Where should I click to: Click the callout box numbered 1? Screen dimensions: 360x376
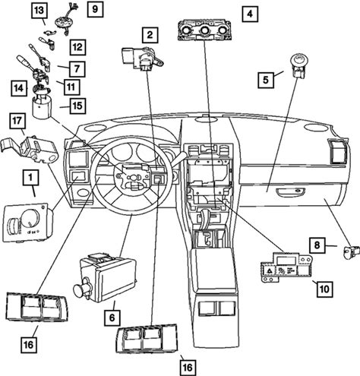click(x=30, y=178)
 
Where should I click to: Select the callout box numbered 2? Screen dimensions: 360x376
click(x=150, y=35)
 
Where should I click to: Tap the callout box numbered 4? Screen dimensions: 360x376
click(x=250, y=14)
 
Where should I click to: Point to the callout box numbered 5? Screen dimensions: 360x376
click(x=266, y=80)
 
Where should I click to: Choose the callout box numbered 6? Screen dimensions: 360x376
click(x=112, y=318)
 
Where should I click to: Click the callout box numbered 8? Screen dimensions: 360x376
click(x=317, y=245)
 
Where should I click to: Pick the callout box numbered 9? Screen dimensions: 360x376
click(x=95, y=9)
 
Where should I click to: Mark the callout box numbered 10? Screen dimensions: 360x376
click(x=324, y=289)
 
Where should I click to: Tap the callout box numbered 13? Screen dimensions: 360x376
click(x=39, y=11)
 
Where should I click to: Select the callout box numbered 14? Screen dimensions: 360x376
click(x=19, y=88)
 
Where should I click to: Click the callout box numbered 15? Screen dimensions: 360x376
click(x=77, y=106)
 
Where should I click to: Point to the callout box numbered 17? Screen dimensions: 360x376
click(x=17, y=121)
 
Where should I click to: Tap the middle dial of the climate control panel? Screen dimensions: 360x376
click(x=204, y=30)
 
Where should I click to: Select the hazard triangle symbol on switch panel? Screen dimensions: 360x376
click(x=269, y=270)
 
